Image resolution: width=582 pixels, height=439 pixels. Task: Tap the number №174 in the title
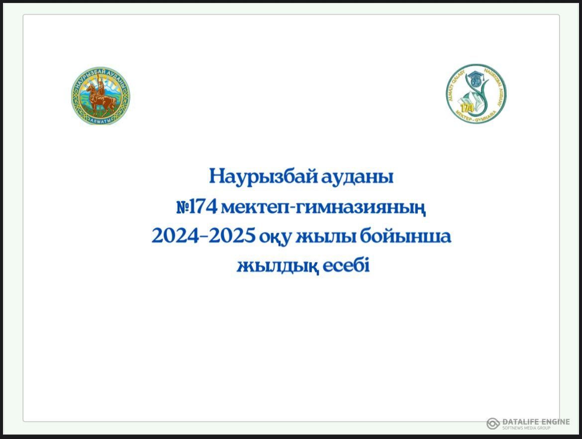[x=197, y=206]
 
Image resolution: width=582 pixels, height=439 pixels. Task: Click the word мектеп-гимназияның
[x=324, y=207]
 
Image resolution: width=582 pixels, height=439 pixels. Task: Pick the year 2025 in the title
[x=232, y=237]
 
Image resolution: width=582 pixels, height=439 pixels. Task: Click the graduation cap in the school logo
[x=476, y=78]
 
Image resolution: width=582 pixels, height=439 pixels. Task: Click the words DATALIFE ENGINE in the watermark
[x=536, y=421]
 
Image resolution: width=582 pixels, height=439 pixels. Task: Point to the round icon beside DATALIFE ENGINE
[x=493, y=423]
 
